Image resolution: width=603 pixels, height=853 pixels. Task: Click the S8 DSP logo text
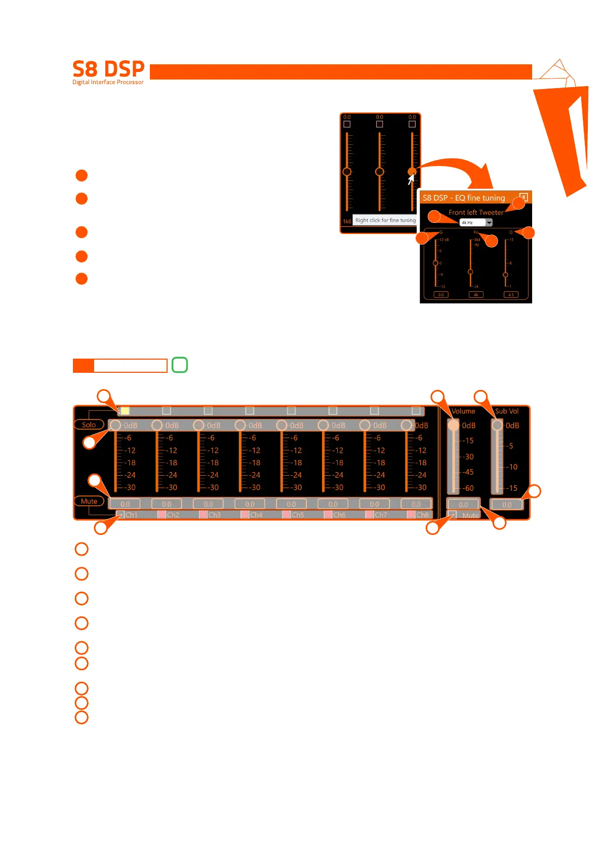108,69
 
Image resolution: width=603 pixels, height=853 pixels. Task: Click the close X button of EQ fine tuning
524,197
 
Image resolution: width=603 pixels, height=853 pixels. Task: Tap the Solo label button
89,424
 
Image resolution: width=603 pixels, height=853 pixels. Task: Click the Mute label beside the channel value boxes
89,501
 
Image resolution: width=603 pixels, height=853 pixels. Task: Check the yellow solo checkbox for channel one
125,410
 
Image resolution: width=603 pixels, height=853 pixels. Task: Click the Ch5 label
298,515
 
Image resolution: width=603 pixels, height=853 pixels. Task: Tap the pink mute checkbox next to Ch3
203,515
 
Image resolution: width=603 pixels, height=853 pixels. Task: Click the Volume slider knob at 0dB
453,425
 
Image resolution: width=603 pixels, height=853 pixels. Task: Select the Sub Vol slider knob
498,425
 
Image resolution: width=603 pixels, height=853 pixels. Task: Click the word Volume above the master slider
463,411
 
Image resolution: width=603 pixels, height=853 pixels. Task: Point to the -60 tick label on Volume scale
469,488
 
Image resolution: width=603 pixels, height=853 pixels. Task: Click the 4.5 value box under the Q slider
511,294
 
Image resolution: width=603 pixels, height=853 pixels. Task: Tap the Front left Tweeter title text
476,212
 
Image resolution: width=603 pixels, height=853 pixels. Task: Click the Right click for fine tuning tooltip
385,220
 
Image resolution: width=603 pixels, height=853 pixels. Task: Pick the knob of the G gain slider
435,263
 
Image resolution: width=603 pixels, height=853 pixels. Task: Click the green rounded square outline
180,365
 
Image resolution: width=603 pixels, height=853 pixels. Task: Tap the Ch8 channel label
422,515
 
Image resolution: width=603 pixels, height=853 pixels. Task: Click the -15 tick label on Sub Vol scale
513,488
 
